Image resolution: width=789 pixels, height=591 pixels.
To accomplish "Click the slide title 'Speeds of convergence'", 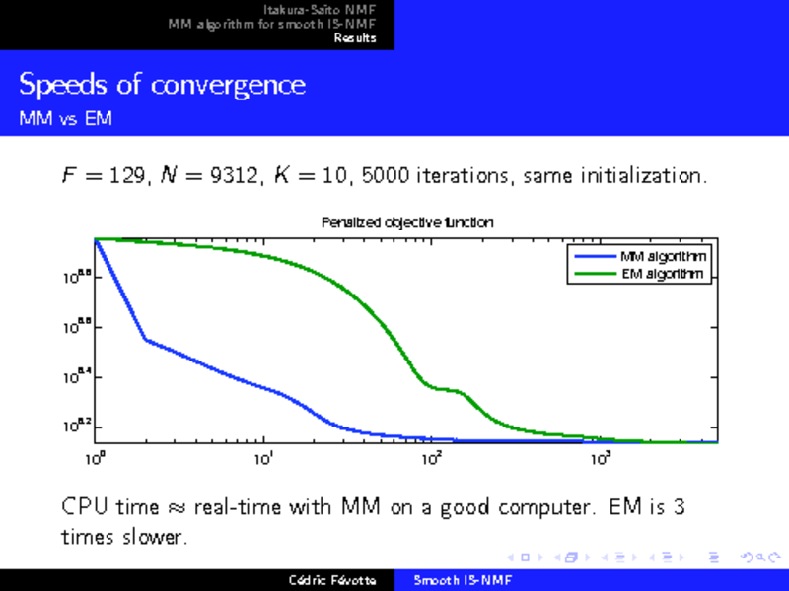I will [163, 86].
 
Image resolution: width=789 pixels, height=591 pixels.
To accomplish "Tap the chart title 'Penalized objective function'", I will [407, 223].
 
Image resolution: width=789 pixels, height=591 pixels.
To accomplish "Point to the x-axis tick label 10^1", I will [263, 460].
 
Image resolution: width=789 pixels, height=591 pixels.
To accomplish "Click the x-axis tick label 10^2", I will [431, 460].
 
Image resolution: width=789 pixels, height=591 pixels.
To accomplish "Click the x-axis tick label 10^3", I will [599, 460].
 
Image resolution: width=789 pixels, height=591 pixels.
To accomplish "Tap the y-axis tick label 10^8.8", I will [78, 279].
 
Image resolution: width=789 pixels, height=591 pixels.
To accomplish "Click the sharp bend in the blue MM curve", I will [145, 339].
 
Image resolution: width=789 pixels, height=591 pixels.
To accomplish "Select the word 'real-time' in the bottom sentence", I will [239, 508].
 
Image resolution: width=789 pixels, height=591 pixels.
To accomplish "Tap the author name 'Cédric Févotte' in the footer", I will [332, 580].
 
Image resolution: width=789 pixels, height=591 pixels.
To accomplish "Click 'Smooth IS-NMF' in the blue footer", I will [456, 580].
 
